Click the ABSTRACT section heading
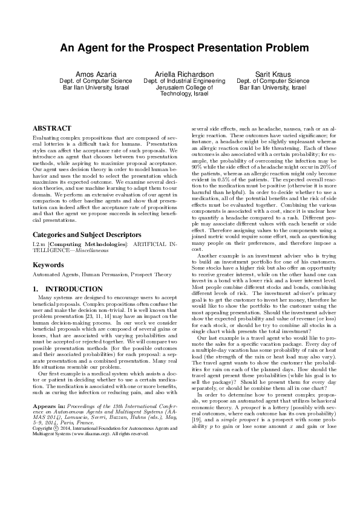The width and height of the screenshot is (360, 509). click(51, 129)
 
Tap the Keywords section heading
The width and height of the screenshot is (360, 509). click(48, 282)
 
